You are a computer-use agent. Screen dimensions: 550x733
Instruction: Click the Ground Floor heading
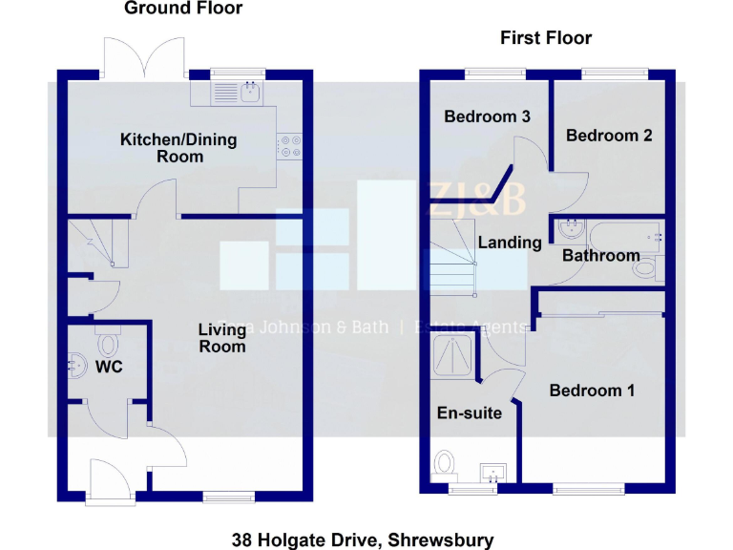pos(183,9)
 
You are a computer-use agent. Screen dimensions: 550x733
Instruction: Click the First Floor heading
pos(546,38)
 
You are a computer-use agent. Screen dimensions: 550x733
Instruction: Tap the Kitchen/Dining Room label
pos(178,148)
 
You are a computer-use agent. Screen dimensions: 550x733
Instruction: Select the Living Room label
pos(222,338)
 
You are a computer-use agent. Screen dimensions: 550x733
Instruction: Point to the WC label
pos(109,367)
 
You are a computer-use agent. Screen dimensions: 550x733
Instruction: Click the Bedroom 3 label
pos(488,116)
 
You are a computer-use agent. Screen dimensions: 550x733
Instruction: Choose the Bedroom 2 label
pos(609,136)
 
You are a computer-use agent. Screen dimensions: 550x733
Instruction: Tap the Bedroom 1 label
pos(592,391)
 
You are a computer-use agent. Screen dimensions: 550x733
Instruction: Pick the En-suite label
pos(470,413)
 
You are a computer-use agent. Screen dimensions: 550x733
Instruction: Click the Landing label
pos(510,243)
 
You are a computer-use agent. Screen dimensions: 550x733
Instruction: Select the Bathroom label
pos(600,256)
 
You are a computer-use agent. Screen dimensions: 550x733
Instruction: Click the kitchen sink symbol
pos(238,92)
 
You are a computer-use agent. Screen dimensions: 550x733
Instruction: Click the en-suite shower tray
pos(454,355)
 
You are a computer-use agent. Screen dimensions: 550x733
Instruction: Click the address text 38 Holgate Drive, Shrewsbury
pos(363,540)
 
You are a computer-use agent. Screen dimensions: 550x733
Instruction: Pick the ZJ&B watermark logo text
pos(477,201)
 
